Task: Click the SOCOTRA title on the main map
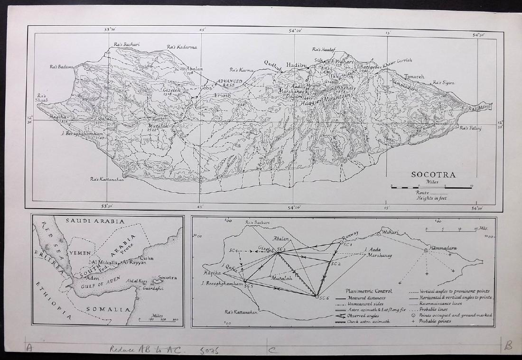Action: pos(433,175)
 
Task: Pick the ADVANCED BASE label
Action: pos(230,83)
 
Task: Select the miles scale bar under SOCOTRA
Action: pos(431,187)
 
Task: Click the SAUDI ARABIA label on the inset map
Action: pos(95,221)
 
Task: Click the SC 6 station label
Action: pos(325,298)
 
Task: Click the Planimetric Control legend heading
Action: pos(369,291)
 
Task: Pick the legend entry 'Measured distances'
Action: pos(373,298)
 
